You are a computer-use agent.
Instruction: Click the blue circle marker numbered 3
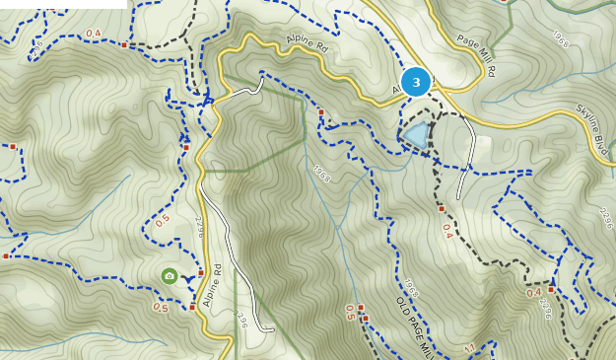point(416,82)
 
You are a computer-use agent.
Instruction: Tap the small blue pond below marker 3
point(416,135)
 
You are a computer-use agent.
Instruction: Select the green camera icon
point(170,276)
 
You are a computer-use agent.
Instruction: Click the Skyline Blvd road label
point(592,122)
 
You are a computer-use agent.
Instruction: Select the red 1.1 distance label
point(469,348)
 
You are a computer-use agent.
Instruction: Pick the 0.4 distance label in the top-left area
point(94,34)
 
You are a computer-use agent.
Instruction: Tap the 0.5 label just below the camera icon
point(160,308)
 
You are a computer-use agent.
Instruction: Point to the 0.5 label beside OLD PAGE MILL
point(350,313)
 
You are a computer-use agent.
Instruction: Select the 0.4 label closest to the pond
point(446,231)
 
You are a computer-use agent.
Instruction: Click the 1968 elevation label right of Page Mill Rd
point(560,39)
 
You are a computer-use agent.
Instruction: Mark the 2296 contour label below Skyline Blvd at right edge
point(605,218)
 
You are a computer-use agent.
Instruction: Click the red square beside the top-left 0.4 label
point(124,44)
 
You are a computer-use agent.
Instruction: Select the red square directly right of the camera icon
point(201,273)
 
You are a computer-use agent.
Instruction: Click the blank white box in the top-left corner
point(63,4)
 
